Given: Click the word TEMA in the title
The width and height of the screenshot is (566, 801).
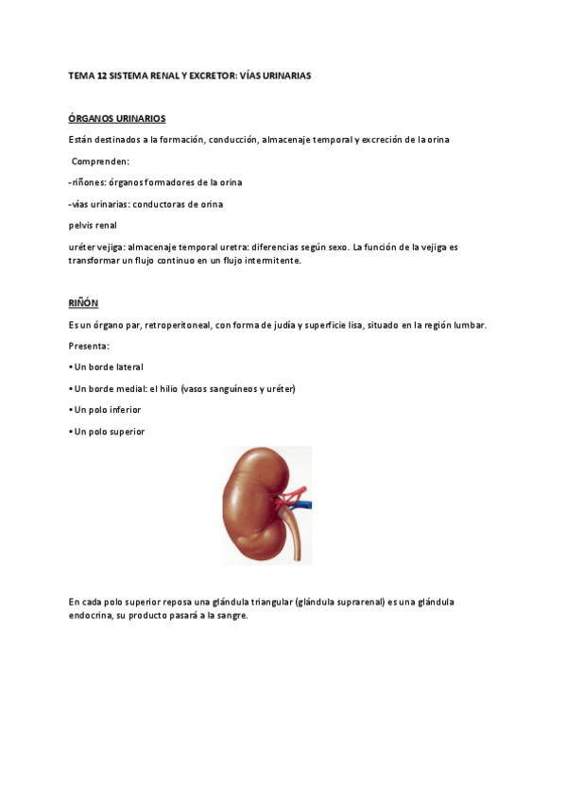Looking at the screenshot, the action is pyautogui.click(x=80, y=75).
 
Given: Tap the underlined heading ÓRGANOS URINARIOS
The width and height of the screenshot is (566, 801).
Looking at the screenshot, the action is pyautogui.click(x=117, y=118).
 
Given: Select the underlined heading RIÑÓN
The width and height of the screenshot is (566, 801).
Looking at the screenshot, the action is pyautogui.click(x=83, y=302).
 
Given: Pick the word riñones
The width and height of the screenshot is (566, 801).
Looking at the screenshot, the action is pyautogui.click(x=89, y=182).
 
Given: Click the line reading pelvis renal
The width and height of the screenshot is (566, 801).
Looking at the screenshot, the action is pyautogui.click(x=93, y=225).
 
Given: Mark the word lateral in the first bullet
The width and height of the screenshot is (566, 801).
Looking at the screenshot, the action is pyautogui.click(x=129, y=366).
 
